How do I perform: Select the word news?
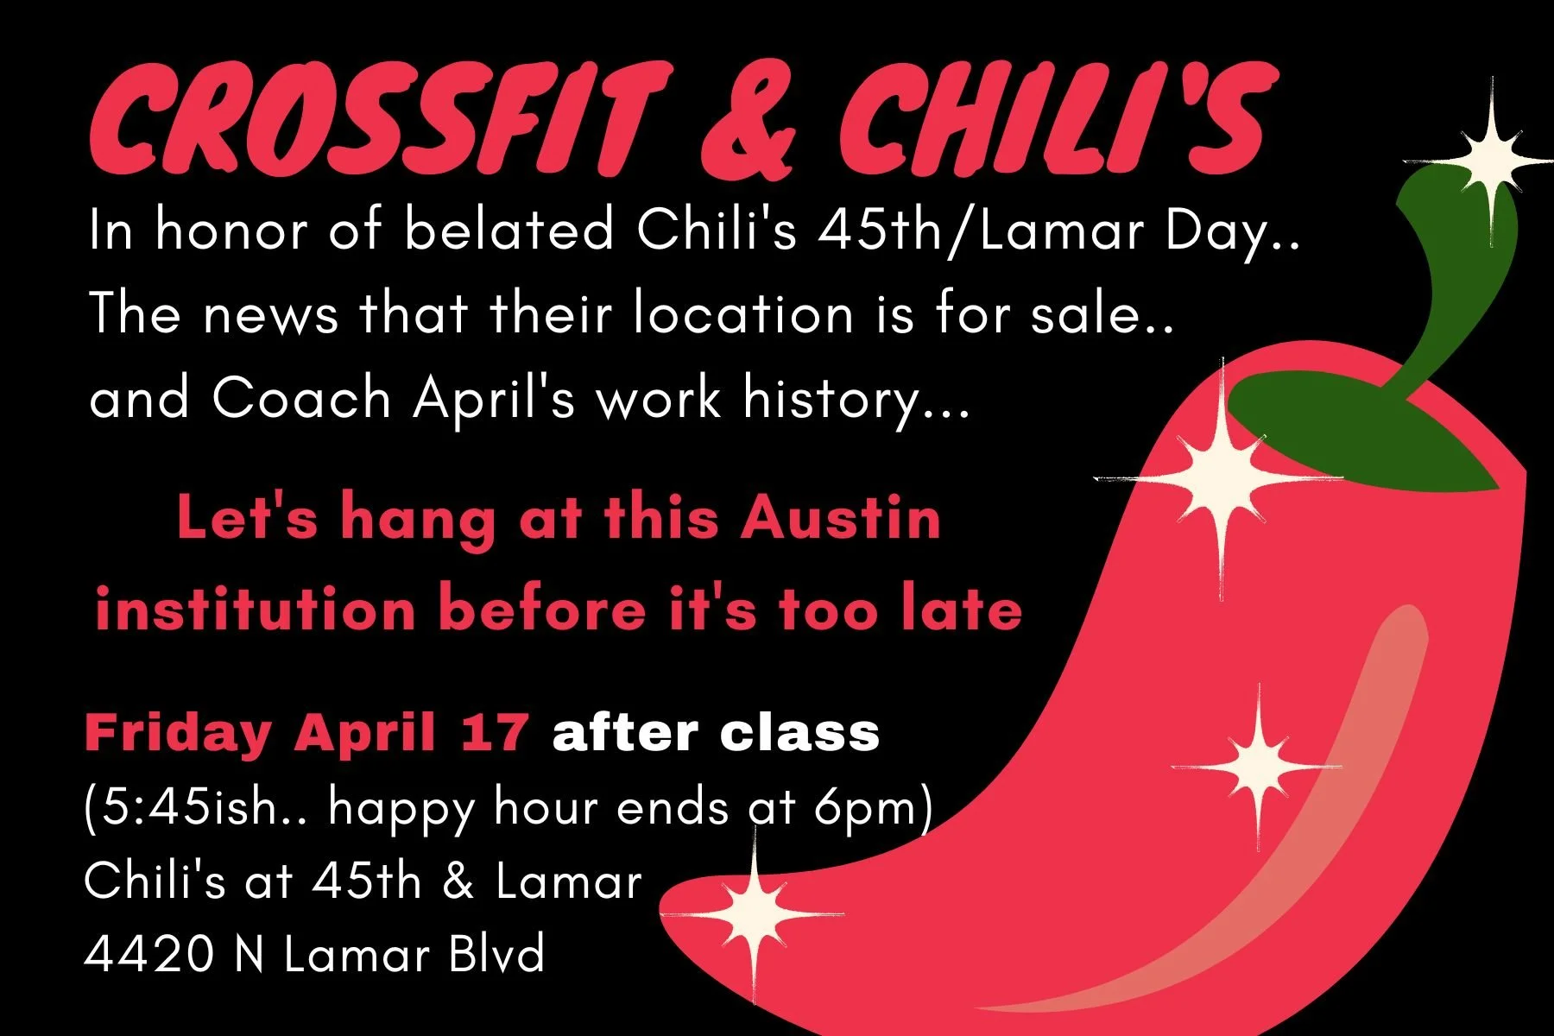point(270,313)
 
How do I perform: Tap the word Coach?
point(301,398)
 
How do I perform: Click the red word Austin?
point(841,518)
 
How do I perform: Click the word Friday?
point(177,733)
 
